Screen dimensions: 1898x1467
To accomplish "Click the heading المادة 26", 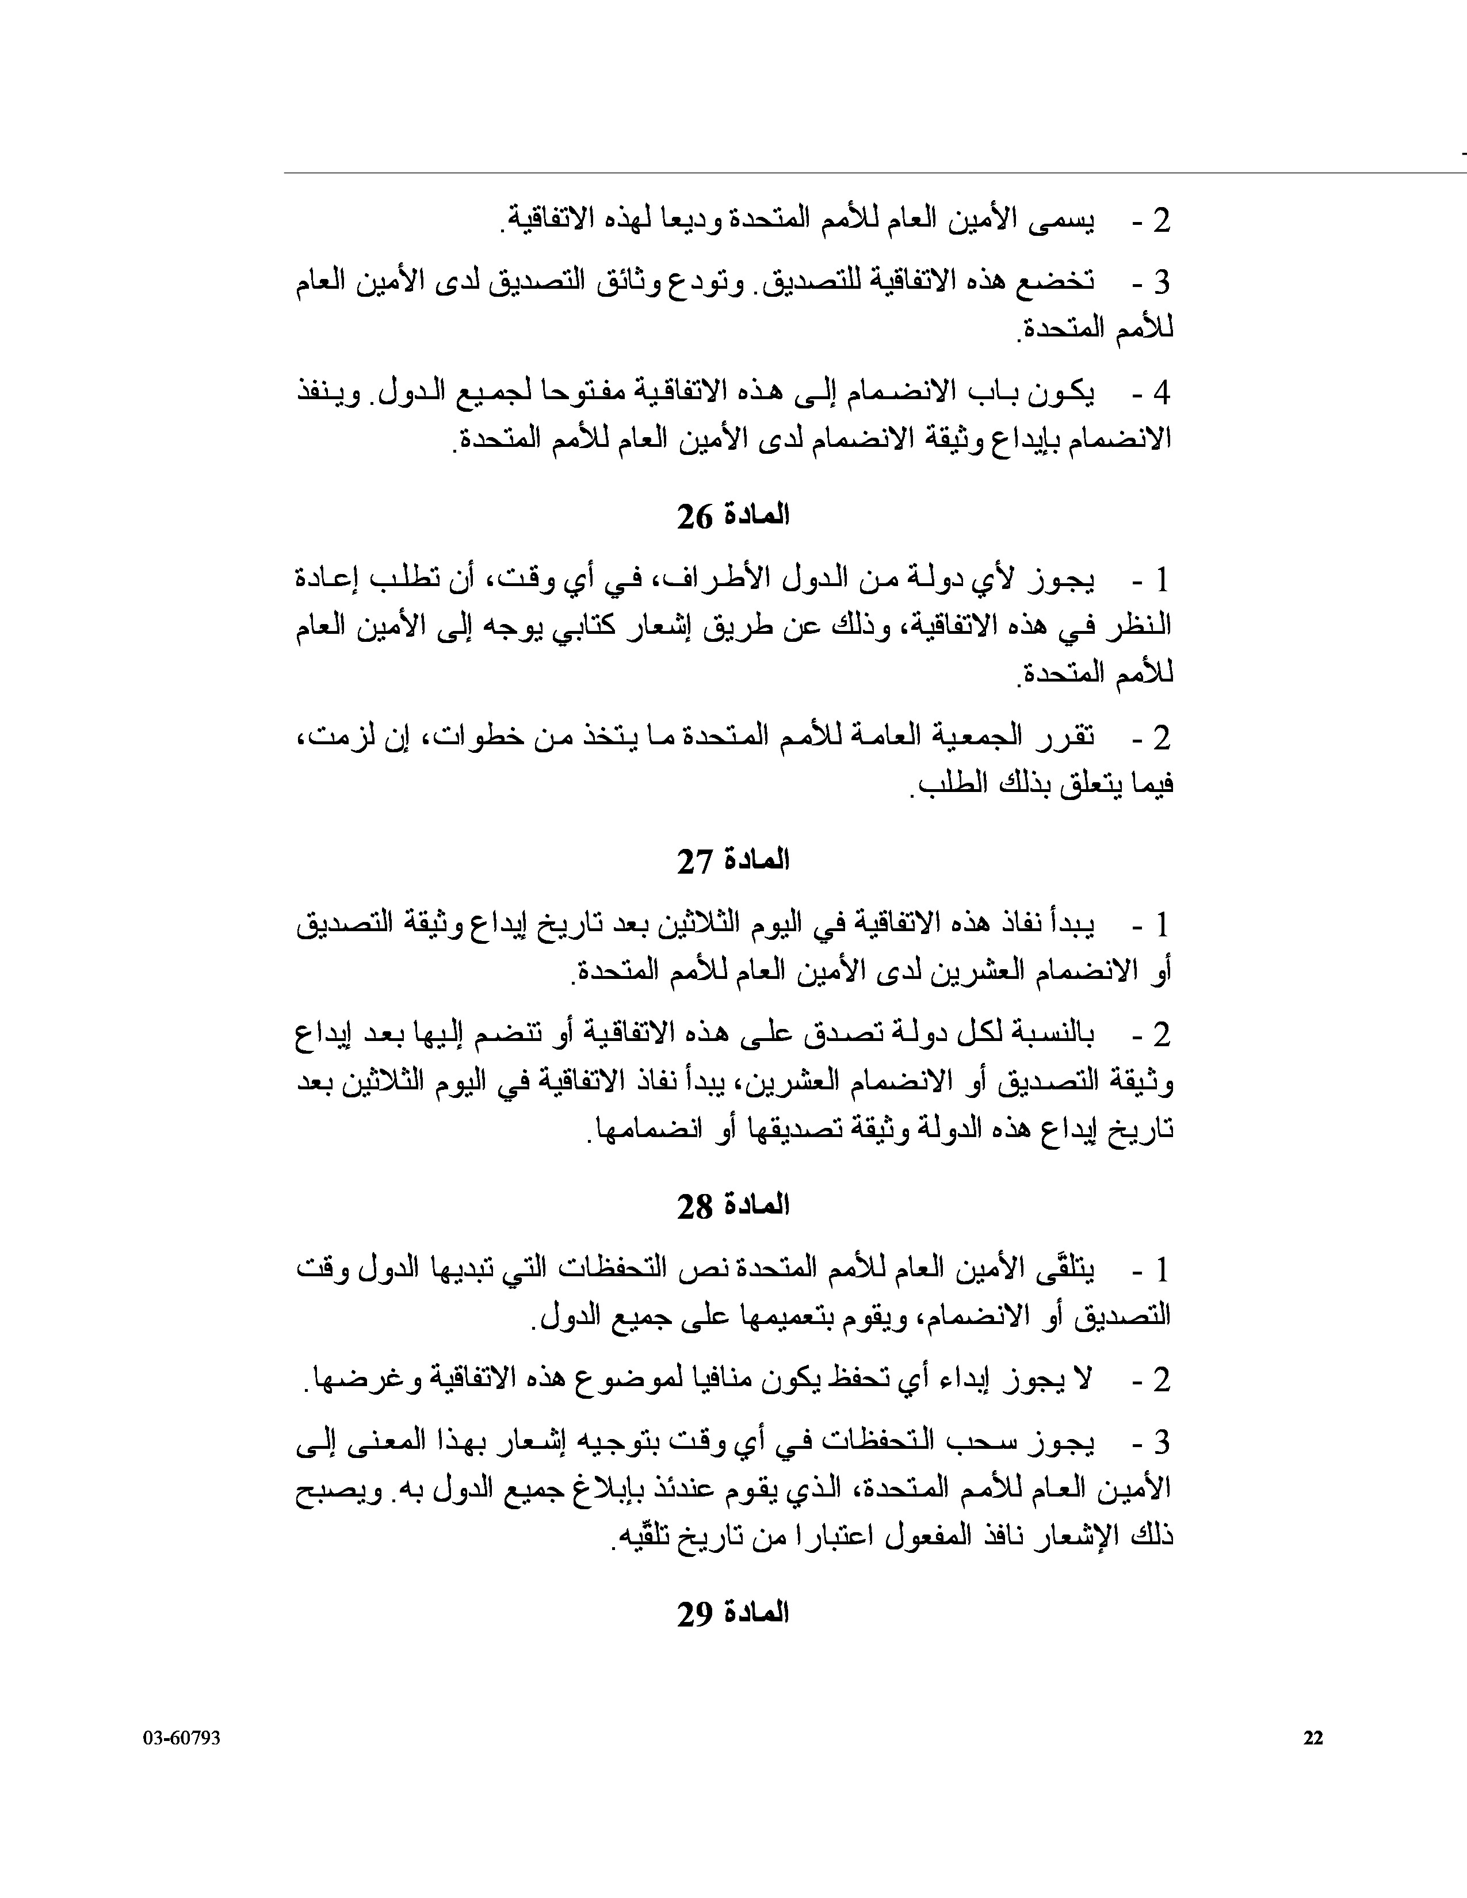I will [732, 516].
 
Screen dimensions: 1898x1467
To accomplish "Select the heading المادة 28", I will [732, 1206].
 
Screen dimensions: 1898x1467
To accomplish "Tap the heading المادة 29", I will [732, 1613].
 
